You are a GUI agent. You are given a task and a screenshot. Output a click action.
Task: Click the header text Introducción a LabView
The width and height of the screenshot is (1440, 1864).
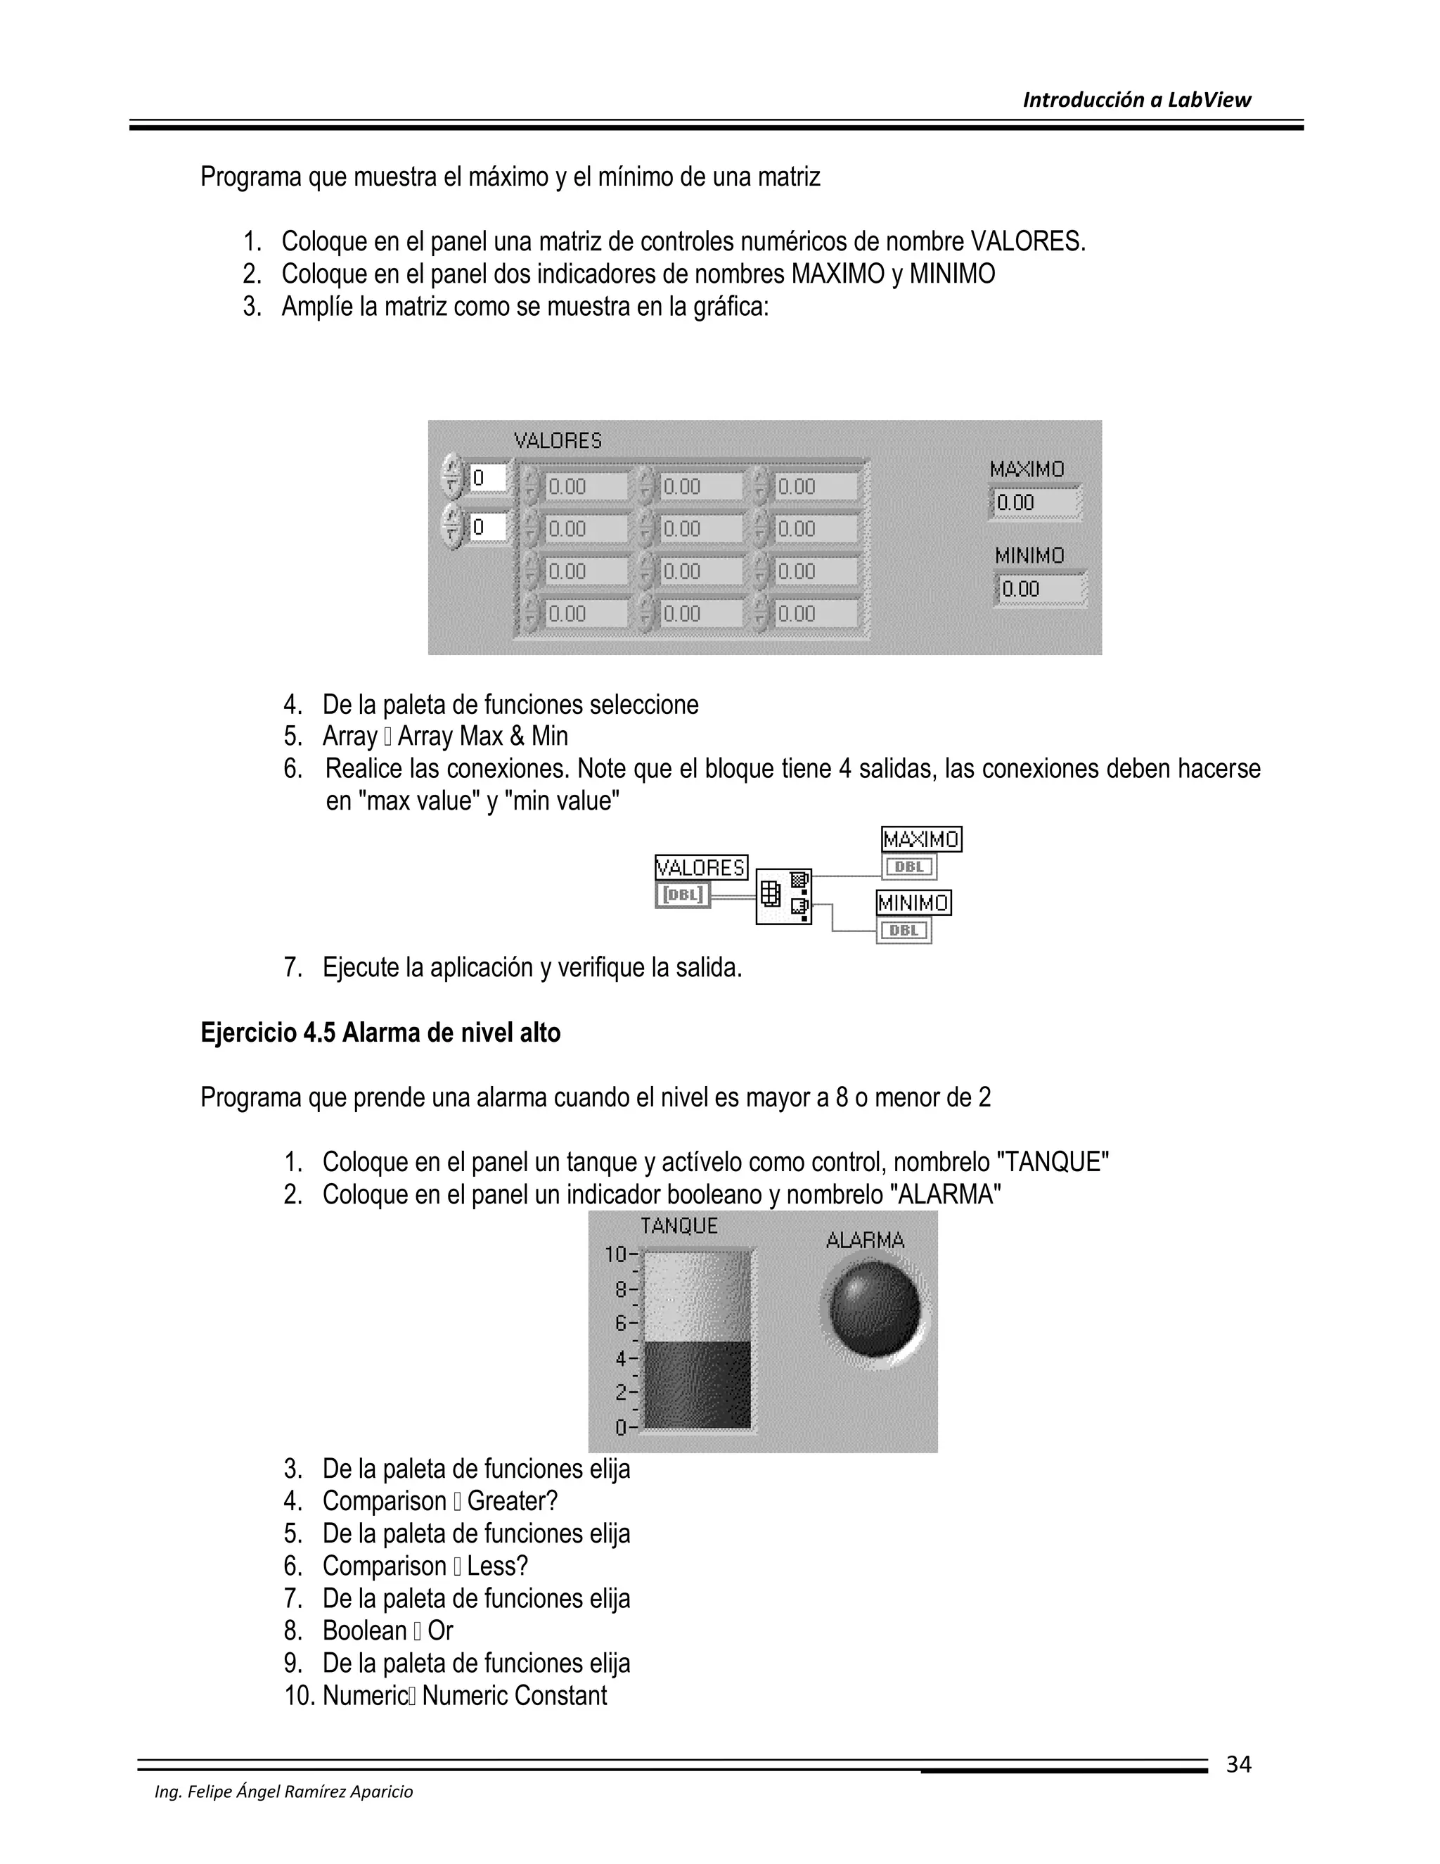tap(1136, 101)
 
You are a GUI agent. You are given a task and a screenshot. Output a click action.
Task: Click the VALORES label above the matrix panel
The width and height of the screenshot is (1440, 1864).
tap(558, 441)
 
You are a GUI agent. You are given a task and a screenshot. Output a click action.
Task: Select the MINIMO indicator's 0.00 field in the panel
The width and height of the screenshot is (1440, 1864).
tap(1040, 589)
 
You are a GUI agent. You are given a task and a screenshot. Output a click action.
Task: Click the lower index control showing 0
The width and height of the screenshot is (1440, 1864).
tap(487, 528)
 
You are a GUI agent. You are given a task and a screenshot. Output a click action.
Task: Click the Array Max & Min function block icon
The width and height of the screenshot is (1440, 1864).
tap(783, 896)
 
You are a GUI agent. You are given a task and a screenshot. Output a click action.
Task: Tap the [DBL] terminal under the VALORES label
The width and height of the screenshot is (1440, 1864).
tap(683, 895)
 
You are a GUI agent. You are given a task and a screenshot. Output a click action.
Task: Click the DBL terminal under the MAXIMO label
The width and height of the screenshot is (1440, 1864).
tap(909, 867)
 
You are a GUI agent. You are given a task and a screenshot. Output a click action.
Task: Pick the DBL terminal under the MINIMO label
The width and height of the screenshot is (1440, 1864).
tap(904, 931)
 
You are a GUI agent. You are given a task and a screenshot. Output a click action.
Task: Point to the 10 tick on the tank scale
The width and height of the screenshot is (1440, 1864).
tap(616, 1253)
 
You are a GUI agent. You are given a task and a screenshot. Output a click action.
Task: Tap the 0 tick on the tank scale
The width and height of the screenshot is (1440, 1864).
tap(621, 1428)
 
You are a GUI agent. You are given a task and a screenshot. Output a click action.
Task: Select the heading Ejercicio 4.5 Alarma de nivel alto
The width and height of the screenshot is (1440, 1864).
tap(380, 1033)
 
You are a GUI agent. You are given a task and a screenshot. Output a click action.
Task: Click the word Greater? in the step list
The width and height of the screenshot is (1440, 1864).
tap(512, 1500)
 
